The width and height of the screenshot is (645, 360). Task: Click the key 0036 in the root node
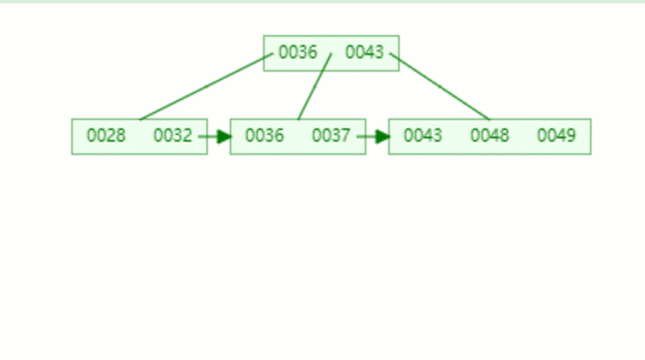[x=297, y=53]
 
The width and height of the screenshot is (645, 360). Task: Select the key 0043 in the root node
[x=365, y=53]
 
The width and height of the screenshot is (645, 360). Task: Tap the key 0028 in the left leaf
[x=106, y=136]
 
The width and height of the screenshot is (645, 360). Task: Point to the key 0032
[x=172, y=136]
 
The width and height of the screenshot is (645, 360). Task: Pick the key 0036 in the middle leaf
[x=264, y=136]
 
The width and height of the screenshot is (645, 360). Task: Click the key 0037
[x=331, y=136]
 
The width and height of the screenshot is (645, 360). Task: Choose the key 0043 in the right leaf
[x=423, y=136]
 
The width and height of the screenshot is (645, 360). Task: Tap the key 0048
[x=489, y=136]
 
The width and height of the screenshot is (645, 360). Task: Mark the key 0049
[x=556, y=136]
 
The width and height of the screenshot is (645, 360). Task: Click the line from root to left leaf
[x=206, y=87]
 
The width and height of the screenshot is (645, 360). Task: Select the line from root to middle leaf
[x=314, y=87]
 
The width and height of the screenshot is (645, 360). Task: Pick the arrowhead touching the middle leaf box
[x=224, y=137]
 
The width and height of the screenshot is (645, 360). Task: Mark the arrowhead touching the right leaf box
[x=383, y=137]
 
